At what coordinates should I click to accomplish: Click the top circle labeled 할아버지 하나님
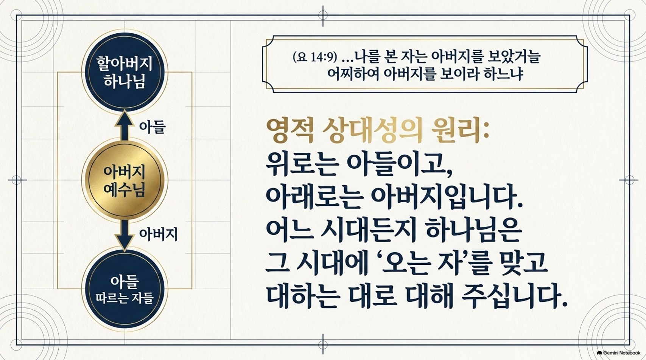pos(125,72)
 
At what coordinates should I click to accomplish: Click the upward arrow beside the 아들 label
pos(124,126)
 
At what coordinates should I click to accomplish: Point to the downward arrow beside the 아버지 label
pos(124,235)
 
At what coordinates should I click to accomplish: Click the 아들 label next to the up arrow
pos(152,127)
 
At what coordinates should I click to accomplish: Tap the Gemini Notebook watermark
pos(618,353)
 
